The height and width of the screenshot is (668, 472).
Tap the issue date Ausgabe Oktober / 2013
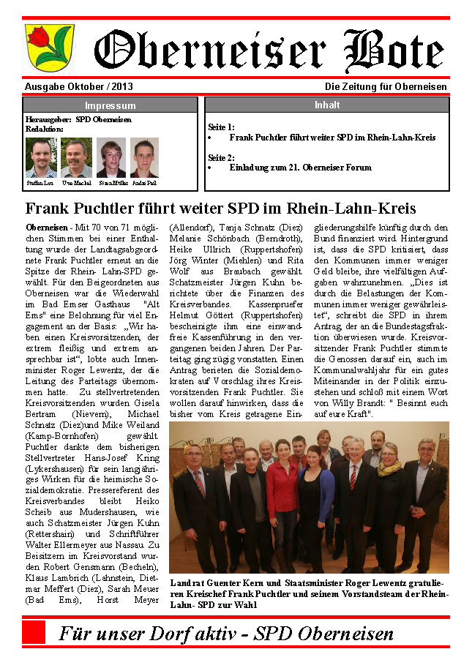pyautogui.click(x=78, y=86)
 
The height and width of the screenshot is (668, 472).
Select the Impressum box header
pyautogui.click(x=110, y=105)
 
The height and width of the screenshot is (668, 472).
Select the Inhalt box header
pyautogui.click(x=326, y=105)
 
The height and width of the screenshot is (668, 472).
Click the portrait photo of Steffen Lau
pyautogui.click(x=41, y=157)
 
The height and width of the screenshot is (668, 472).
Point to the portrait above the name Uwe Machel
pyautogui.click(x=76, y=157)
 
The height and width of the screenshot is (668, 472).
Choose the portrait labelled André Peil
pyautogui.click(x=144, y=157)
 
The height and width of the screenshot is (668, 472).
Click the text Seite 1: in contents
pyautogui.click(x=221, y=127)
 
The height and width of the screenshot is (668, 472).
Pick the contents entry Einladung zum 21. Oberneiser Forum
pyautogui.click(x=300, y=168)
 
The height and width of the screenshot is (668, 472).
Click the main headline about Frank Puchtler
pyautogui.click(x=220, y=208)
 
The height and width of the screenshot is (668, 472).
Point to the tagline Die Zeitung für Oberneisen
pyautogui.click(x=386, y=86)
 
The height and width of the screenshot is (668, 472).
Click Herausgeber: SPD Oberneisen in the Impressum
pyautogui.click(x=78, y=119)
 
